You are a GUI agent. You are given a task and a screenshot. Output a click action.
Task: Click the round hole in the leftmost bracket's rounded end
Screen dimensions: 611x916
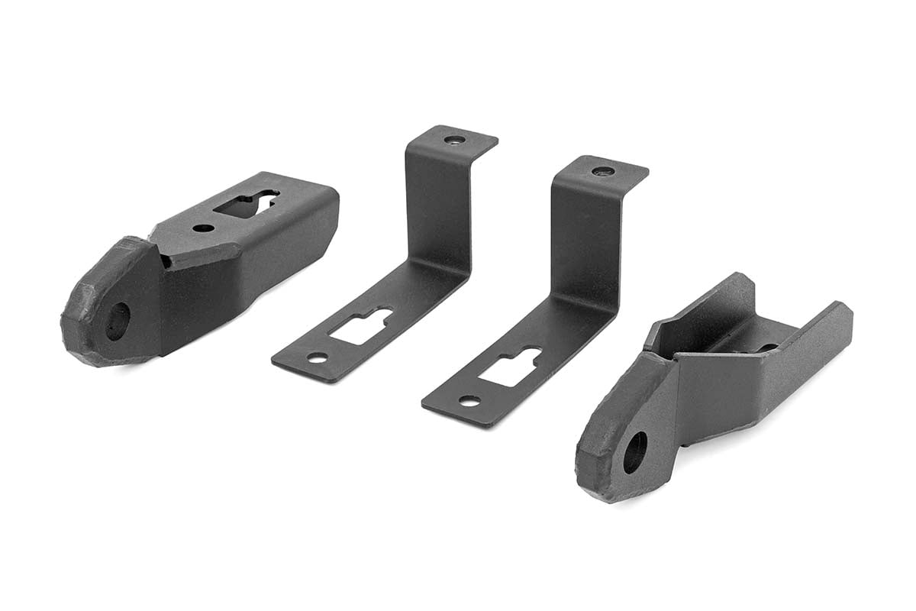[118, 321]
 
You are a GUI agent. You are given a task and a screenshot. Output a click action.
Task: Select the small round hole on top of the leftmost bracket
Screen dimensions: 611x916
[203, 228]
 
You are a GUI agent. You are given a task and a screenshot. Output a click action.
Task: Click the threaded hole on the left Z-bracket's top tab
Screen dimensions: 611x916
[454, 140]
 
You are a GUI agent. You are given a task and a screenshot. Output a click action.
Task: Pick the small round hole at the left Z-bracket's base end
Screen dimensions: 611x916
[317, 357]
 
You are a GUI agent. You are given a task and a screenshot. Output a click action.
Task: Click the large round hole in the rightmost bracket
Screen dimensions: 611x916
[635, 452]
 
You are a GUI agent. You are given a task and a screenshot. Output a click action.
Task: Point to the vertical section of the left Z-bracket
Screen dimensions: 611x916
[436, 206]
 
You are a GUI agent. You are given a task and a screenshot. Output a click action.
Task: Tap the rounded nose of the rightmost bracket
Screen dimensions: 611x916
[603, 458]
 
